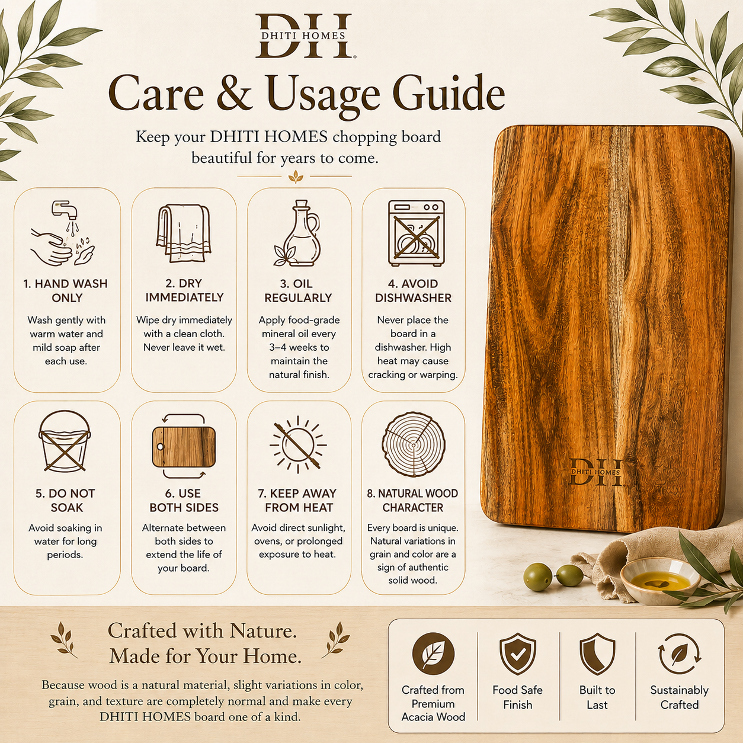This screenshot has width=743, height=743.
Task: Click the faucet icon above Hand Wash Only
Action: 63,232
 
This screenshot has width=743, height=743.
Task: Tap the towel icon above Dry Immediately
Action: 184,233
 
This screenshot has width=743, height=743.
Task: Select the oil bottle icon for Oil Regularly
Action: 297,233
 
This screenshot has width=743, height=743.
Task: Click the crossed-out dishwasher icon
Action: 417,233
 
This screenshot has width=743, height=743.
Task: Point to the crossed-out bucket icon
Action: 65,441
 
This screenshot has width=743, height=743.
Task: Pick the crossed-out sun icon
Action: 297,444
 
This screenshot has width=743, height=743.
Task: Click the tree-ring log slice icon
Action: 414,444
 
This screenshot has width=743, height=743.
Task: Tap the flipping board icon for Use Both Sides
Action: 184,446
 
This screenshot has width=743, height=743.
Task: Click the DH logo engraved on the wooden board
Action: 595,472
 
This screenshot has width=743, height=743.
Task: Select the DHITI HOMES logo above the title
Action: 303,36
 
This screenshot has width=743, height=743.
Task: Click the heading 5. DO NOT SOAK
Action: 66,501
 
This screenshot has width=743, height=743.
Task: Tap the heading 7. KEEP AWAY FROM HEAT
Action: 297,501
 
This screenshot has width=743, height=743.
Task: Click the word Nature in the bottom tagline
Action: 263,632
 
